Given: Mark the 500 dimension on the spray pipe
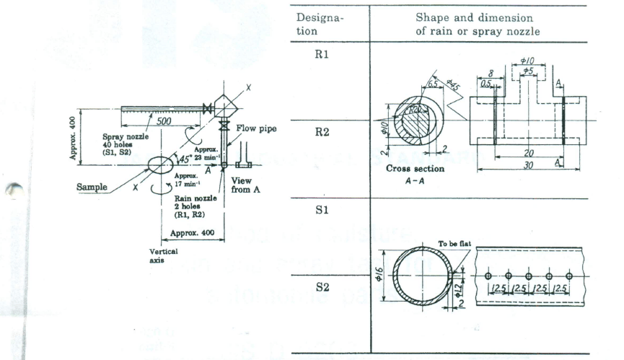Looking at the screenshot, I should click(x=165, y=121).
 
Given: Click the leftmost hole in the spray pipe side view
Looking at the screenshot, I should click(x=488, y=276).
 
